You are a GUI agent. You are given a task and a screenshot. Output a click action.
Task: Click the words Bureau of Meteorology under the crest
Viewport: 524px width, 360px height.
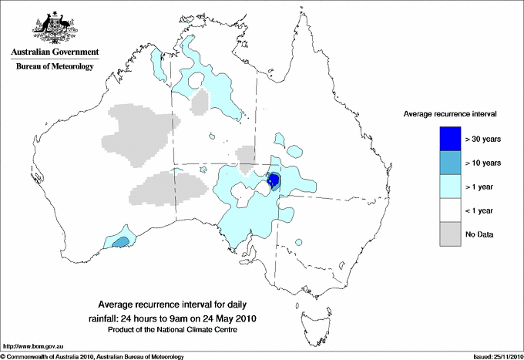pos(55,66)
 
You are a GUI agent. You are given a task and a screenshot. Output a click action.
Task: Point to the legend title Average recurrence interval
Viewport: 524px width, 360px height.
pos(450,113)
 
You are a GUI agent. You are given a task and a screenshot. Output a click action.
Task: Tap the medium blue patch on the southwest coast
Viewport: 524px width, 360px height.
pos(120,242)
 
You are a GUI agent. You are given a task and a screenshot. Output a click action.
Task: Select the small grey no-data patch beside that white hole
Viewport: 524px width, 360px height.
pos(200,102)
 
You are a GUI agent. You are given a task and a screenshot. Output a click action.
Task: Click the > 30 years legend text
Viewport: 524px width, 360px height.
pos(483,139)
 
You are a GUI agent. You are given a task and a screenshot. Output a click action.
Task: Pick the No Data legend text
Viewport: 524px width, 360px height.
pos(479,234)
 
